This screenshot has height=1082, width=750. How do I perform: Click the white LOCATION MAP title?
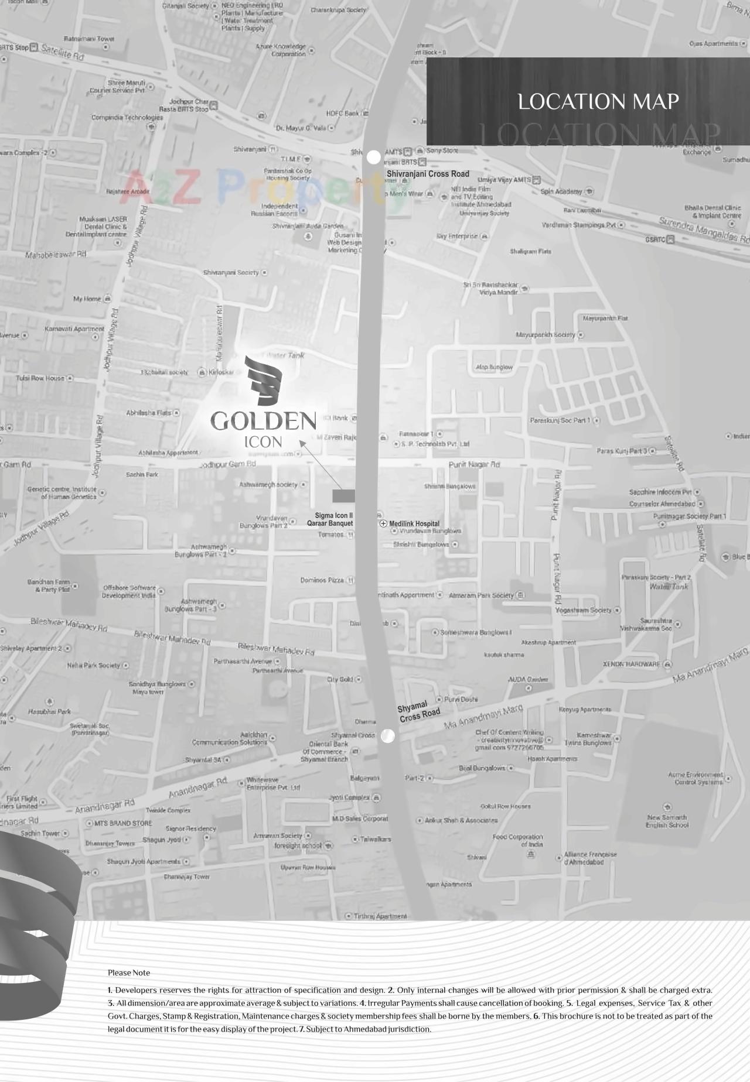[x=598, y=102]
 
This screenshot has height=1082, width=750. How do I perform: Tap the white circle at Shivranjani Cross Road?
[x=373, y=157]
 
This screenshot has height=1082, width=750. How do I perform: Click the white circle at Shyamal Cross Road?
[x=388, y=736]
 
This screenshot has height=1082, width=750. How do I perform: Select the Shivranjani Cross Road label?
[x=428, y=174]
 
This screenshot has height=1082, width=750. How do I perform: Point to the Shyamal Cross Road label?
[x=418, y=711]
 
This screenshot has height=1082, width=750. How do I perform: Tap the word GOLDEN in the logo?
[x=263, y=421]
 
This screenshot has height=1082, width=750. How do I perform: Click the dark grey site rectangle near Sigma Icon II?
[x=343, y=496]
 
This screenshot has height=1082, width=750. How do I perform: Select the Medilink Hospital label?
[x=414, y=523]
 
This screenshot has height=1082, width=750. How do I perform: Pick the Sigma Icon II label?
[x=334, y=516]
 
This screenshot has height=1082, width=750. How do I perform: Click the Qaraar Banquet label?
[x=330, y=523]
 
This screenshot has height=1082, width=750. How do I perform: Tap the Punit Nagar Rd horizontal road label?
[x=474, y=464]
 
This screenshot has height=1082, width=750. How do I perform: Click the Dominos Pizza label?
[x=322, y=580]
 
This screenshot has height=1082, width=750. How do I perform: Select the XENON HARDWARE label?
[x=632, y=664]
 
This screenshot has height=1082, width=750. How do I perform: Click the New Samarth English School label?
[x=667, y=821]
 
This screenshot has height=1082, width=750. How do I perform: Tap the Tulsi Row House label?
[x=40, y=378]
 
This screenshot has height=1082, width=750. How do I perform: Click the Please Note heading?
[x=129, y=973]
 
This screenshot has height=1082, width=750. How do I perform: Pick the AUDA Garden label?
[x=528, y=679]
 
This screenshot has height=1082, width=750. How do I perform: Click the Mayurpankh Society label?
[x=546, y=335]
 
